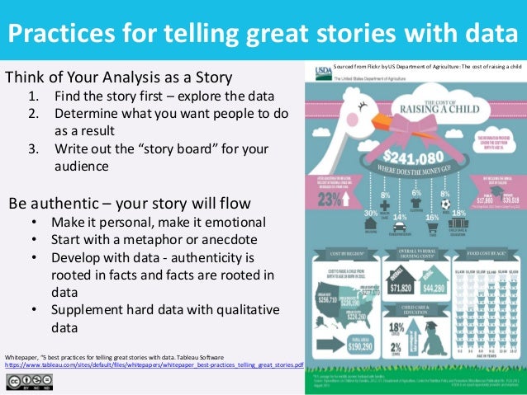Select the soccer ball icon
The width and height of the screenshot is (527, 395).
click(445, 203)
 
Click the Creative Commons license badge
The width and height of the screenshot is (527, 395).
click(29, 381)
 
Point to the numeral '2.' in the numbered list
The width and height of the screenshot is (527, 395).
click(34, 114)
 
